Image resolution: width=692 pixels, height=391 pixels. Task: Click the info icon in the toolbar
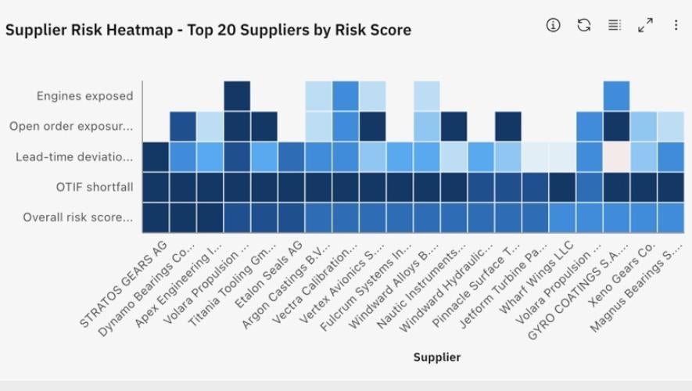[553, 25]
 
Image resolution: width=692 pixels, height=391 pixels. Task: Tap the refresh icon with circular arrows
[584, 25]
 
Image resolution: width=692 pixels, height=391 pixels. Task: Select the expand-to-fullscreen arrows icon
[645, 25]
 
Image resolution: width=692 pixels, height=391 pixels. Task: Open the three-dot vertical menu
[676, 25]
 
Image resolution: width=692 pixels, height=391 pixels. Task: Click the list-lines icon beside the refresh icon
[615, 25]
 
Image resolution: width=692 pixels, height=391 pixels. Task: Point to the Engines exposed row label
[84, 95]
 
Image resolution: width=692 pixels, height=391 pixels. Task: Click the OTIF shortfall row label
[95, 187]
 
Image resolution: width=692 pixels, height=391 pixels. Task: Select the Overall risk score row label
[77, 217]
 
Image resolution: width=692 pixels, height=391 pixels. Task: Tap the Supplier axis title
[437, 357]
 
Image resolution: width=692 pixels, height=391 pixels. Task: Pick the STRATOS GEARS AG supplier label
[124, 284]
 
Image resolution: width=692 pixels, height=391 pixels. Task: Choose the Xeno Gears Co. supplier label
[622, 274]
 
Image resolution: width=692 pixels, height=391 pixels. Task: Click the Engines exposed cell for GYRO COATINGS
[616, 95]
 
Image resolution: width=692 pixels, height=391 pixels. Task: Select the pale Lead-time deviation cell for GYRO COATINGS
[616, 156]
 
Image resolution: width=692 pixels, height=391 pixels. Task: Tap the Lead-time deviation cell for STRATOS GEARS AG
[156, 156]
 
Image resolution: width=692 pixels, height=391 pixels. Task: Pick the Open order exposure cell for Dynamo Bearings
[183, 126]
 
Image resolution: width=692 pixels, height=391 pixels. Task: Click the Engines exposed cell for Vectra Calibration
[346, 95]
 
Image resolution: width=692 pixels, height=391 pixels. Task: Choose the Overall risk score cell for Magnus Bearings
[671, 217]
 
